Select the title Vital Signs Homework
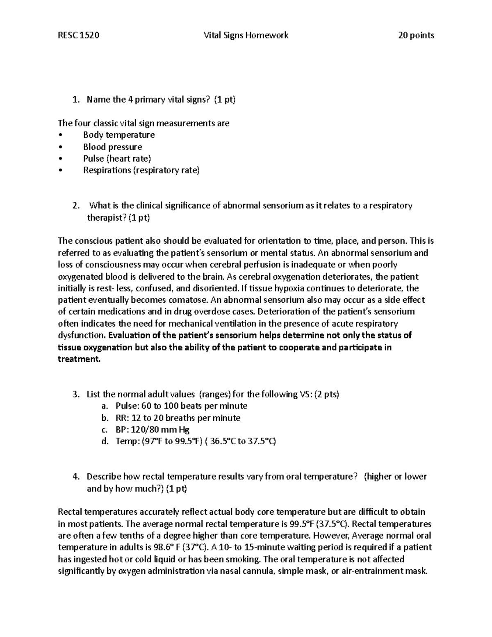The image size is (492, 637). [x=246, y=35]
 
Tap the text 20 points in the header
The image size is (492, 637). [x=416, y=35]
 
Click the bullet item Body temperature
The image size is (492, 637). [x=119, y=135]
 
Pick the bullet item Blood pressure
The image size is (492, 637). [x=112, y=147]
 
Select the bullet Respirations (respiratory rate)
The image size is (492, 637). [x=141, y=170]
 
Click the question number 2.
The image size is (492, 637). [x=75, y=205]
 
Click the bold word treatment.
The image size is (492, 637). [x=78, y=359]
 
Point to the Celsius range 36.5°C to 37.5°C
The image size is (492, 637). [x=242, y=441]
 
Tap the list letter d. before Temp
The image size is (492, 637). [x=105, y=441]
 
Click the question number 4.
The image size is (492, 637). [x=75, y=477]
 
